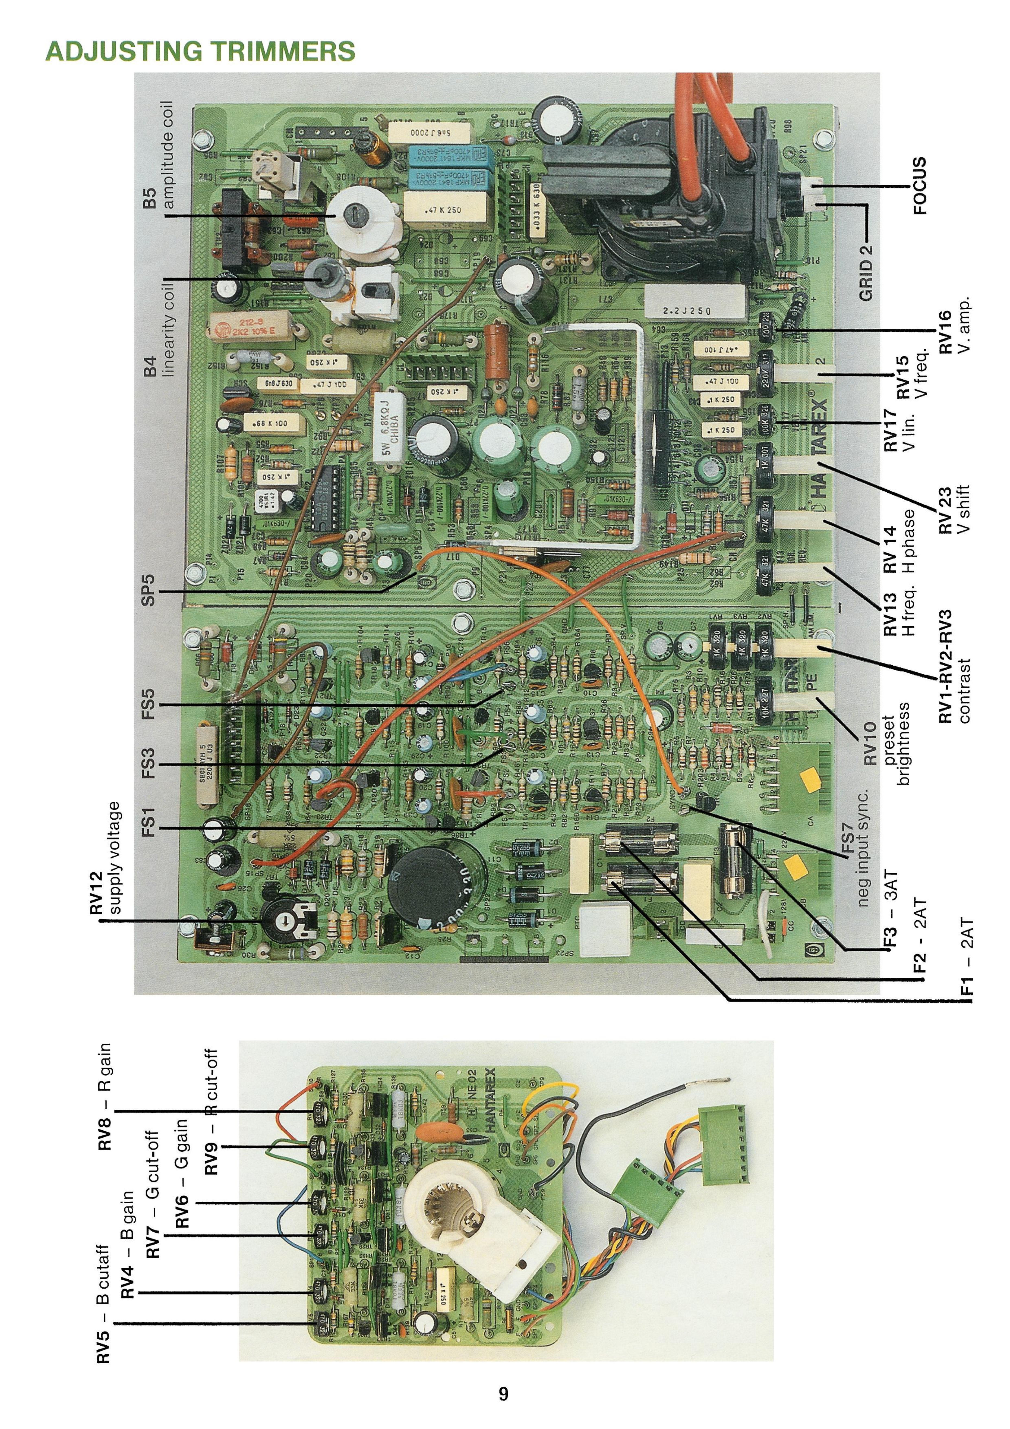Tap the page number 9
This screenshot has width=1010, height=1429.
(503, 1393)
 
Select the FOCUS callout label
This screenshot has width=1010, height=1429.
(920, 186)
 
